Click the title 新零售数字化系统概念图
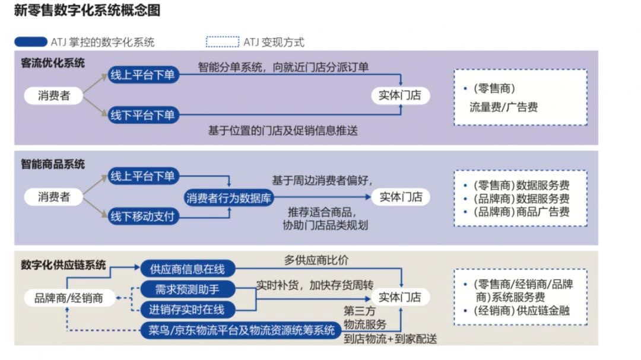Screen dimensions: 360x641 [87, 10]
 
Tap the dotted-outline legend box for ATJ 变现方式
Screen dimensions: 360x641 [222, 42]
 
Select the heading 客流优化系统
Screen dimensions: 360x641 [53, 63]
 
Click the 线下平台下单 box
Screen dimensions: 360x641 [142, 114]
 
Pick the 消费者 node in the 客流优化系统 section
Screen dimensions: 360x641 [53, 95]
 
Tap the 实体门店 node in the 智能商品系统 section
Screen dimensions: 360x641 [401, 197]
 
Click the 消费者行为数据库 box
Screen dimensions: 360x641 [229, 197]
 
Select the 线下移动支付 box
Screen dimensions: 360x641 [142, 216]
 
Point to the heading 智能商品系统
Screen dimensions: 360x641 [53, 164]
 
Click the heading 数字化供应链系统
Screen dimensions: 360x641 [63, 265]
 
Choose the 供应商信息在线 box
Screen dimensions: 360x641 [188, 269]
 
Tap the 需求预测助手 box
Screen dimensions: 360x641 [187, 289]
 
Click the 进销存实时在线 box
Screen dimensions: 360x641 [187, 309]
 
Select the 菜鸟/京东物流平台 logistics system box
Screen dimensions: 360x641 [241, 330]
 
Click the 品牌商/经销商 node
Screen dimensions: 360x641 [69, 298]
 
